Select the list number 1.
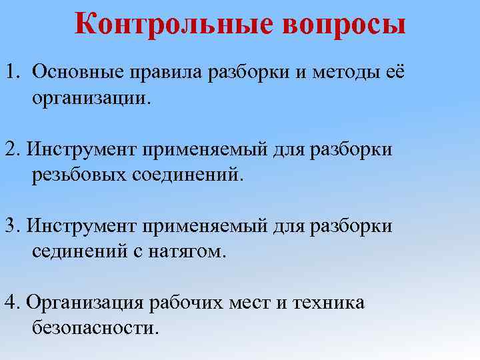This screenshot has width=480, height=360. pyautogui.click(x=13, y=71)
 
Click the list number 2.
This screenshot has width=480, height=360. pyautogui.click(x=11, y=149)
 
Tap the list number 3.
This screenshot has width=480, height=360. pyautogui.click(x=11, y=225)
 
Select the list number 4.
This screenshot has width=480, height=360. pyautogui.click(x=11, y=302)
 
